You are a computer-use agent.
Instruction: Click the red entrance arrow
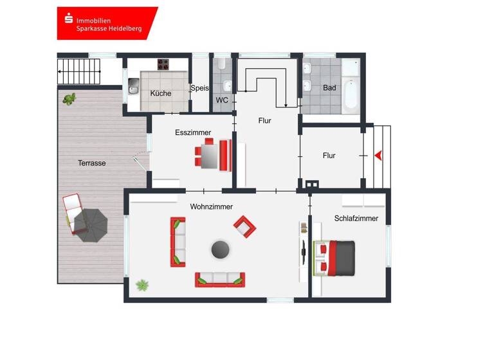[378, 156]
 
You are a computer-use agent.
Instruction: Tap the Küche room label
[161, 93]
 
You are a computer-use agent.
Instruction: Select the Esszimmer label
[193, 132]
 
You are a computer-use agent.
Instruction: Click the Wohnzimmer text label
[211, 206]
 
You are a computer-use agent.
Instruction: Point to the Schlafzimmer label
[356, 219]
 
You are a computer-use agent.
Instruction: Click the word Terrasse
[92, 163]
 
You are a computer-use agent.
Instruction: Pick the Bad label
[330, 88]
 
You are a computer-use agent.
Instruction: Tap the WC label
[222, 100]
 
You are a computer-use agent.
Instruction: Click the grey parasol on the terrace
[90, 224]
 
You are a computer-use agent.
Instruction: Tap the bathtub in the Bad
[351, 93]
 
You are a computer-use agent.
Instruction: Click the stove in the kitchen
[163, 64]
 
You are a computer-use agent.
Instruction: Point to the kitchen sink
[134, 86]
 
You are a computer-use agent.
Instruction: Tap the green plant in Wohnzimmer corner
[142, 284]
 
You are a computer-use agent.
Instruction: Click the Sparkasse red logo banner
[107, 23]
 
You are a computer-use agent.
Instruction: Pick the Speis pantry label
[199, 89]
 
